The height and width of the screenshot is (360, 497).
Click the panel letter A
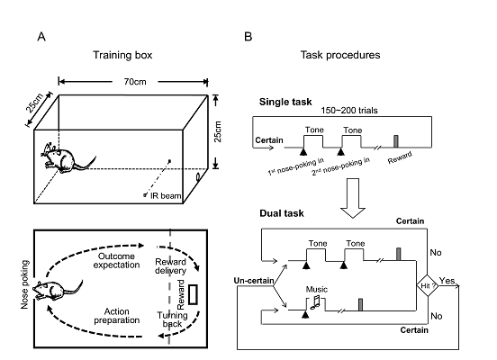click(x=41, y=37)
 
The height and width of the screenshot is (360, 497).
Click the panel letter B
click(x=248, y=37)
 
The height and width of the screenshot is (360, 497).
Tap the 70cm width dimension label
click(x=135, y=82)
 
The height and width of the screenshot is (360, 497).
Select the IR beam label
click(x=166, y=196)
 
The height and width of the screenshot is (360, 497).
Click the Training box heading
click(x=122, y=55)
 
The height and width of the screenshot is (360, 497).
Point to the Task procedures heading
click(x=340, y=55)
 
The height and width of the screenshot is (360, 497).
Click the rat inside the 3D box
click(x=68, y=158)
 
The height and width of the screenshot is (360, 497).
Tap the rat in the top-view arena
click(x=58, y=289)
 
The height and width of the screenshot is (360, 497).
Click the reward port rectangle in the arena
click(x=193, y=294)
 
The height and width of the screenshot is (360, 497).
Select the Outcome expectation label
click(x=117, y=260)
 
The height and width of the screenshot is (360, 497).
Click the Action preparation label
click(x=117, y=316)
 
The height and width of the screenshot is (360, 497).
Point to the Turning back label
click(x=173, y=319)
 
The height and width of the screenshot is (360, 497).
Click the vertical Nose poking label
click(x=24, y=284)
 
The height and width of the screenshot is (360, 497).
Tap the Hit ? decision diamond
click(x=428, y=285)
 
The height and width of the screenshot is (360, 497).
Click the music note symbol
click(x=316, y=302)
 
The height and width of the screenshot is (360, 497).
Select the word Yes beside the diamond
click(x=447, y=281)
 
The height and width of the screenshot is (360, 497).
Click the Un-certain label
click(x=254, y=281)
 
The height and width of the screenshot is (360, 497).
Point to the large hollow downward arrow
click(x=353, y=198)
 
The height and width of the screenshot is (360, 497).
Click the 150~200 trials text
click(x=349, y=111)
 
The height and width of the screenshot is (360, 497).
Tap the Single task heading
click(x=285, y=102)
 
